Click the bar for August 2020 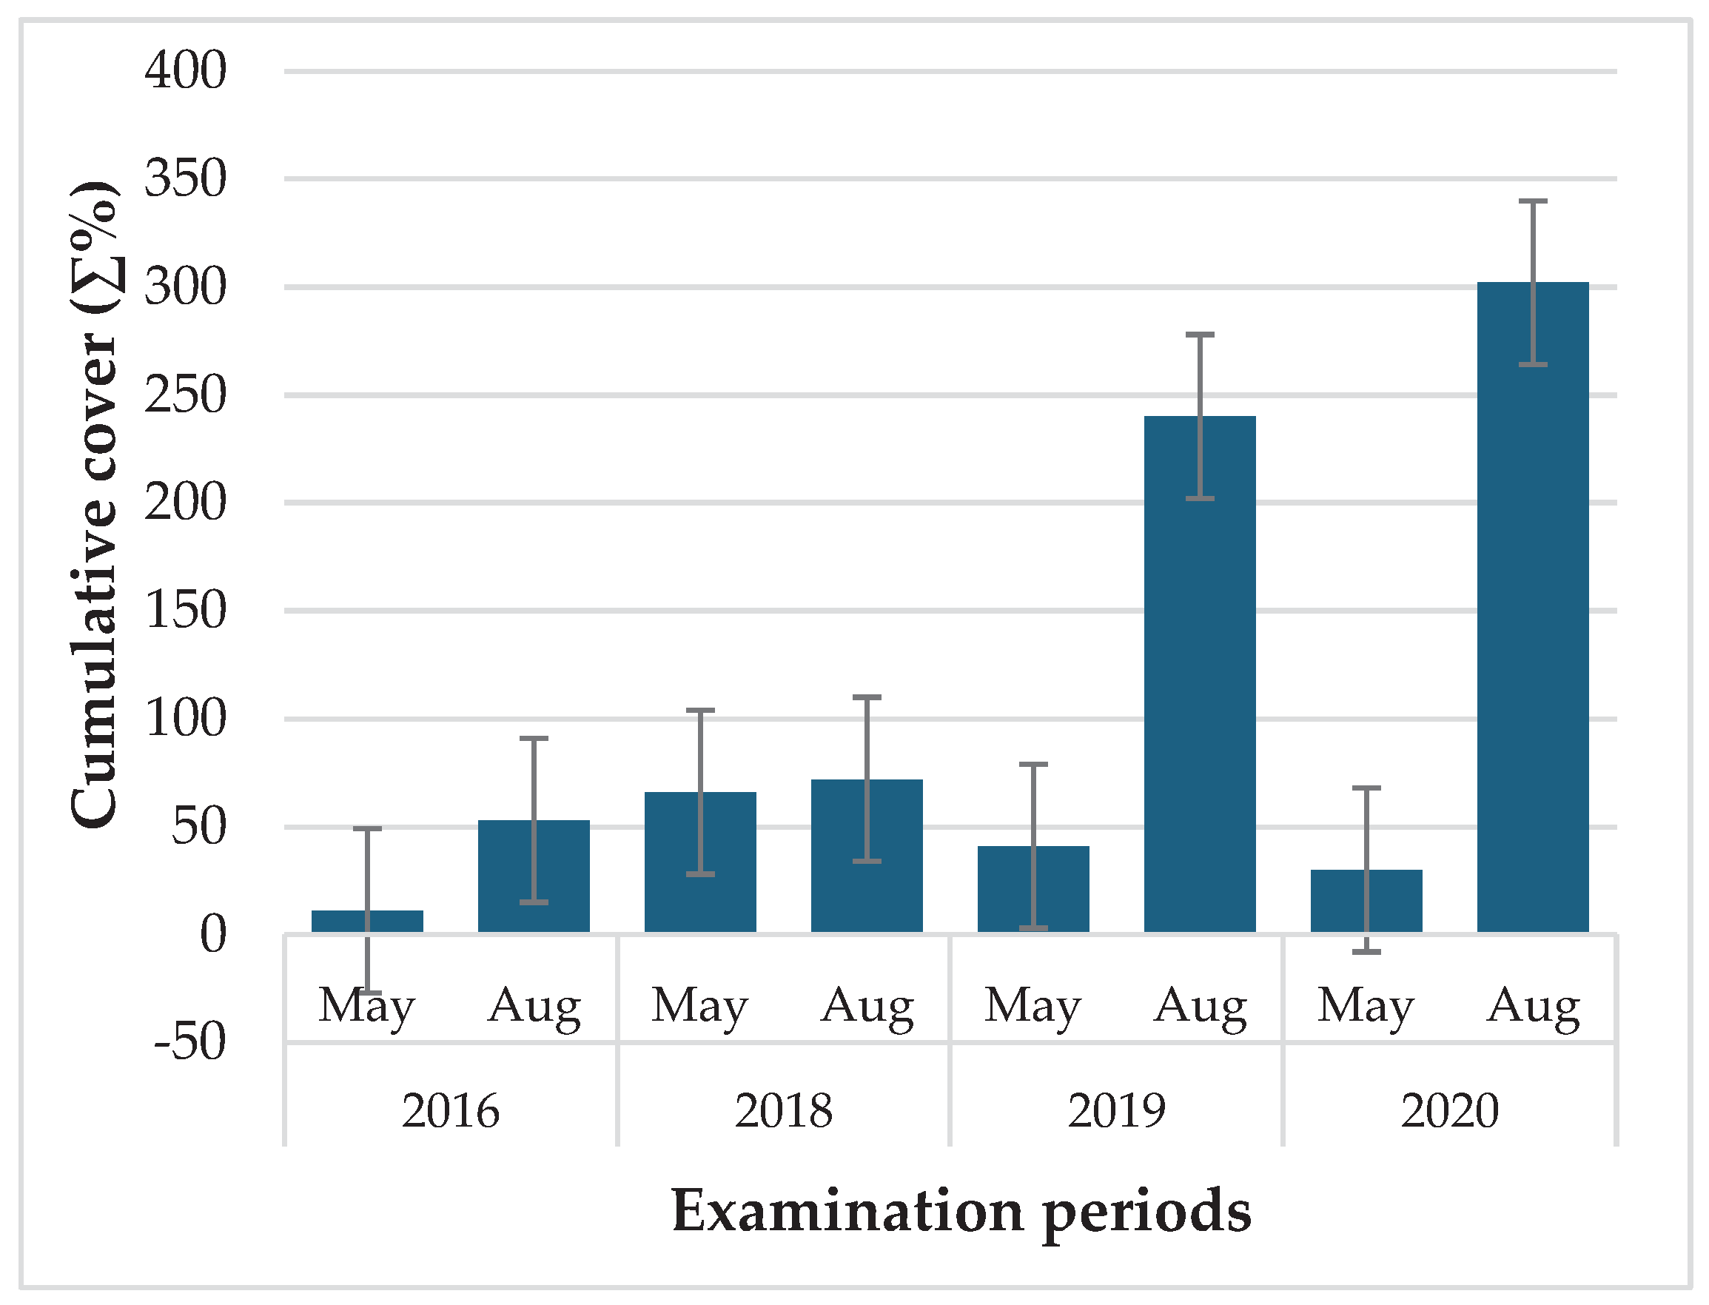1533,622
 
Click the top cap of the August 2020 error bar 1533,201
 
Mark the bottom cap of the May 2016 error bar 367,993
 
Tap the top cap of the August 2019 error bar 1199,335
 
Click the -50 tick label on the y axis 190,1041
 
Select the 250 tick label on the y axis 186,395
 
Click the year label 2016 451,1111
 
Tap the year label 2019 1116,1111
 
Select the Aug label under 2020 1533,1007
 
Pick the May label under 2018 700,1007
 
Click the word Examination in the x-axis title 847,1211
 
